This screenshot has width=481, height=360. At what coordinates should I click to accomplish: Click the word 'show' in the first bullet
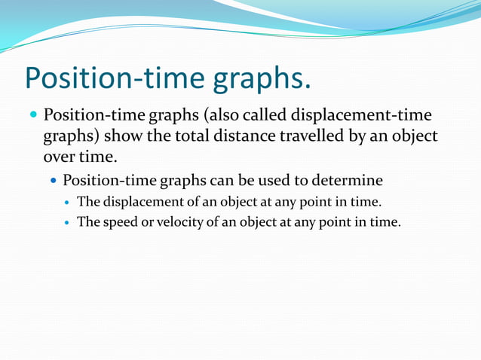click(x=124, y=138)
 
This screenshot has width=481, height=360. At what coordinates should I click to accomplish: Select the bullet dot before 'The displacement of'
click(x=68, y=203)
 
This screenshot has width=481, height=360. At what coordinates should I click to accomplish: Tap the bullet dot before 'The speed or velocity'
click(x=68, y=223)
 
